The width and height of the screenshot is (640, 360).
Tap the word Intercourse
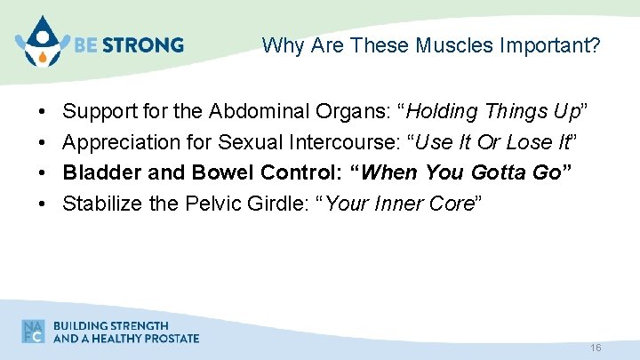(x=347, y=141)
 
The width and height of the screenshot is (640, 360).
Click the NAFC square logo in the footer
(x=34, y=331)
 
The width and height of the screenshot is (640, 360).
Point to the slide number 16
(x=596, y=348)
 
